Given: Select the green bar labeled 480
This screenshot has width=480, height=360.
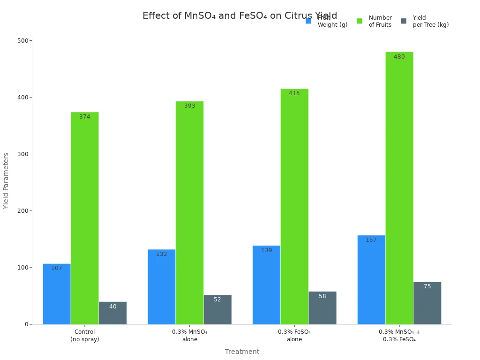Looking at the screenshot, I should pos(399,187).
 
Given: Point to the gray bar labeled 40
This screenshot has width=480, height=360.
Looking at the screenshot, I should pos(112,313).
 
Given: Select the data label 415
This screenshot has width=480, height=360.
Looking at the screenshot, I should pos(294,93).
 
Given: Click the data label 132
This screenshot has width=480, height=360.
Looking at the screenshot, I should pos(161,254).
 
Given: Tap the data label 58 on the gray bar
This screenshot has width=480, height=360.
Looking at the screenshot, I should pos(322,296).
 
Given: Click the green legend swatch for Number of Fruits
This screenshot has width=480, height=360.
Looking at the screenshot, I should pos(360,21).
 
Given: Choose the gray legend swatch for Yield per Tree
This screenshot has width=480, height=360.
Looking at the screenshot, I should pos(404,21).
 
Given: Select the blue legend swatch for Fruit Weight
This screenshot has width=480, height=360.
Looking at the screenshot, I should pos(308,21).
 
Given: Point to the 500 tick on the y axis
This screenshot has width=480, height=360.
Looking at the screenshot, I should pos(22,41).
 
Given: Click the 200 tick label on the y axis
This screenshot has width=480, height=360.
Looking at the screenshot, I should pos(22,211).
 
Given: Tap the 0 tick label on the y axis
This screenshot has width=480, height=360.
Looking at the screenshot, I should pos(26,324).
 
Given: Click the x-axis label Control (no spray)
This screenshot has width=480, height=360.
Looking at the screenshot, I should pos(85,336).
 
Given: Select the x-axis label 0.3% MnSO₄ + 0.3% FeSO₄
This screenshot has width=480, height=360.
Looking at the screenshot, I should pos(399,336).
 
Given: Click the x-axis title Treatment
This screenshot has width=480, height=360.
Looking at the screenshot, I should pos(242,352).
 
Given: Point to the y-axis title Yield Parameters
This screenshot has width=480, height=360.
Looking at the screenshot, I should pos(6,180).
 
